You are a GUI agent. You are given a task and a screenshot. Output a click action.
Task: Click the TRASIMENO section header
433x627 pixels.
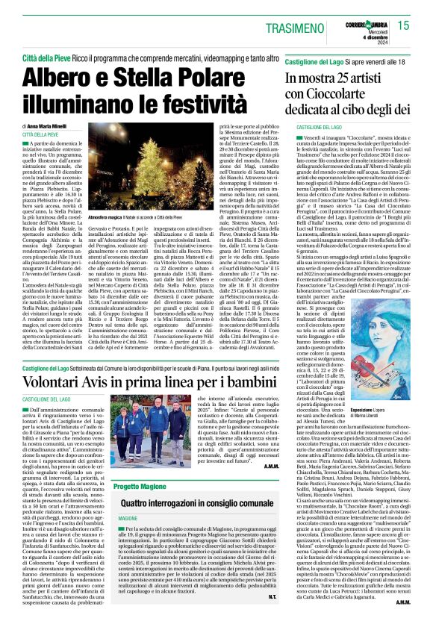click(312, 25)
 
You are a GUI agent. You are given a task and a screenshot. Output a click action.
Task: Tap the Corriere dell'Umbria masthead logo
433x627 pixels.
click(367, 20)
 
